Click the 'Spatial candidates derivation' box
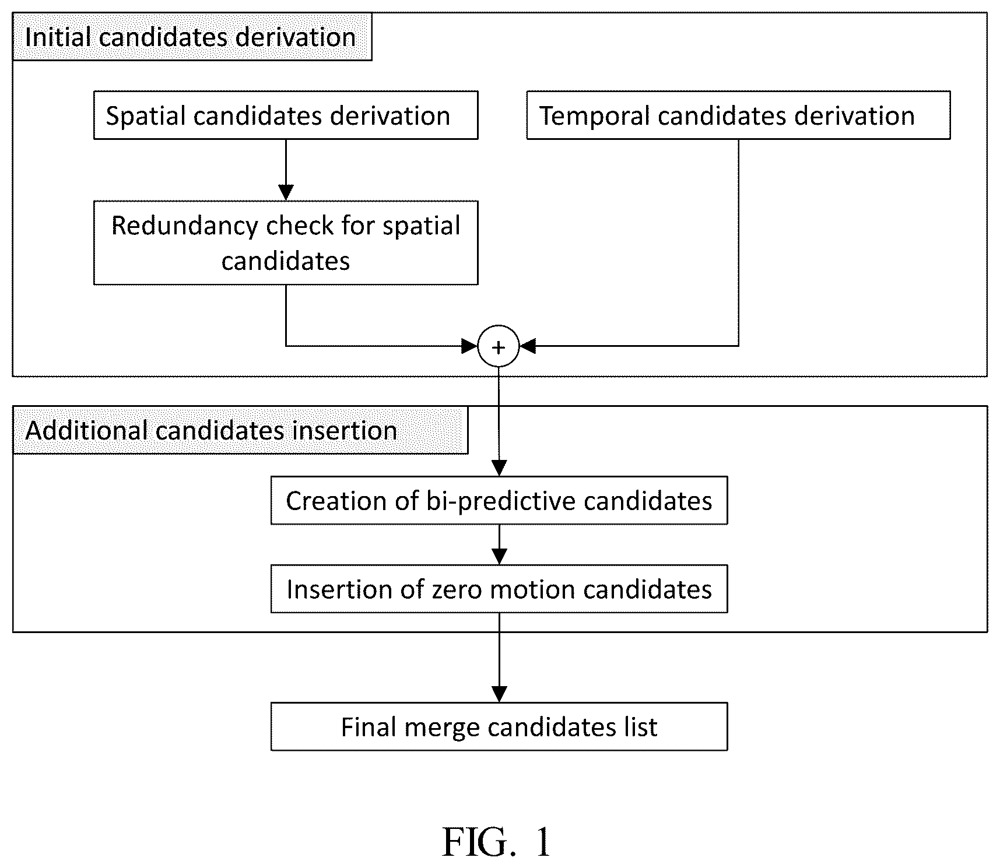coord(286,115)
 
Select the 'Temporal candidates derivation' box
coord(738,115)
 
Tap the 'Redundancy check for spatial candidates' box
coord(286,243)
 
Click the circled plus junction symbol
coord(499,346)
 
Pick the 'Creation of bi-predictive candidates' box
coord(499,500)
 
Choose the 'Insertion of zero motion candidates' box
coord(499,589)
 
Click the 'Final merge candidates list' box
coord(499,726)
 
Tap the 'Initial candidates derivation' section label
coord(191,37)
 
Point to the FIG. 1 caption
coord(496,842)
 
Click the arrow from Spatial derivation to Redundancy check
coord(286,170)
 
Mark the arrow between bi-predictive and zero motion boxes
coord(499,544)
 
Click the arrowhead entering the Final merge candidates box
coord(499,695)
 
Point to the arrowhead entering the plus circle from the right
coord(527,346)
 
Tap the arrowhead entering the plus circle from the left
coord(470,346)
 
